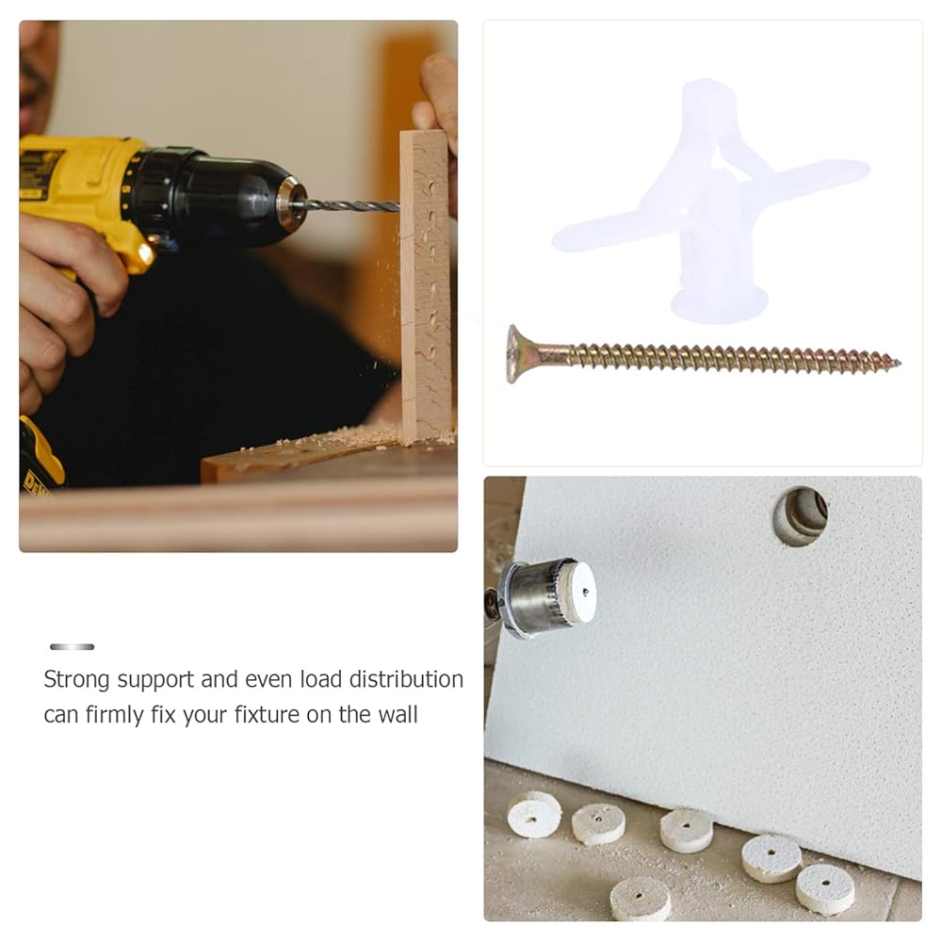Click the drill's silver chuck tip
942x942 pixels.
pyautogui.click(x=292, y=204)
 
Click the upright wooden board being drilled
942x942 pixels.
pyautogui.click(x=426, y=284)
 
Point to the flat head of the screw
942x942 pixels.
pyautogui.click(x=514, y=354)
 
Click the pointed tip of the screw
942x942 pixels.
pyautogui.click(x=898, y=363)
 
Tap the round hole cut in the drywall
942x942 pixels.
pyautogui.click(x=800, y=516)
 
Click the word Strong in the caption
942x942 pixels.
pyautogui.click(x=77, y=680)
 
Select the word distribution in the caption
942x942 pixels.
pyautogui.click(x=406, y=679)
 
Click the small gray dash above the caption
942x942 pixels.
pyautogui.click(x=73, y=646)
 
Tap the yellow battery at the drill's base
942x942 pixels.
pyautogui.click(x=40, y=455)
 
